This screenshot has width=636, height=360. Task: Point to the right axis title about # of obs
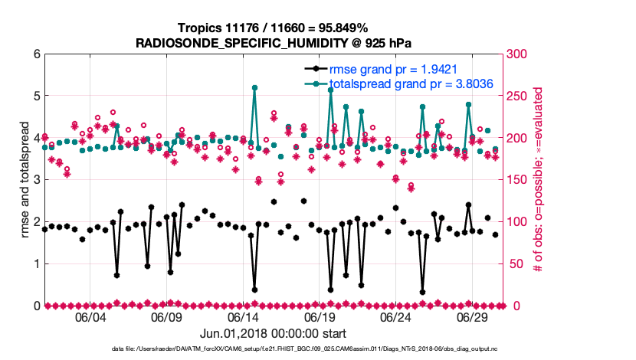(x=539, y=180)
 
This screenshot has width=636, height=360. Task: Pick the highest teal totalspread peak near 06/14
(x=254, y=87)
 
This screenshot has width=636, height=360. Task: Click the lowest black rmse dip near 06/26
(x=422, y=292)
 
